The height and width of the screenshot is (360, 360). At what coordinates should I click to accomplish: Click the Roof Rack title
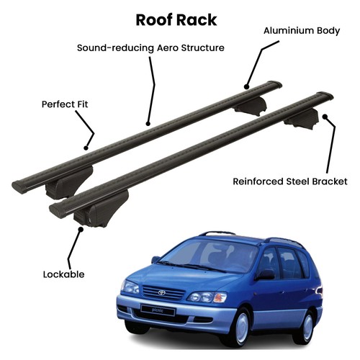point(176,20)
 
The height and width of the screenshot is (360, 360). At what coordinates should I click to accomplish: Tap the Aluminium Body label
point(302,31)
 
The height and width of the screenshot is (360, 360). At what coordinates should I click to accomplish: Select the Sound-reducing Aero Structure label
point(150,48)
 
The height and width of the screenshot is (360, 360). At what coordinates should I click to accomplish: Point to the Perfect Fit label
point(65,104)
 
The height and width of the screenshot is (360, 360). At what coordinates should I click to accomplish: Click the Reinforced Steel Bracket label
point(290,181)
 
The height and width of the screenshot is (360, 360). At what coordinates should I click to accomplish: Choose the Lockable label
point(63,274)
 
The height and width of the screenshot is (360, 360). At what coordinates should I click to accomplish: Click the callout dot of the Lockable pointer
point(81,229)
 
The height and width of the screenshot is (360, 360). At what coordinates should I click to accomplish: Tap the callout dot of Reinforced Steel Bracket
point(325,117)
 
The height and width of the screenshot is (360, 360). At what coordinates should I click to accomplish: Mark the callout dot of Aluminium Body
point(246,86)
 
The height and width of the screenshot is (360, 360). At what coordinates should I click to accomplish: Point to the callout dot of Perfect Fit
point(86,148)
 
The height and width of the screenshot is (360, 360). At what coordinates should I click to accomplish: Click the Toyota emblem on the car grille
point(161,292)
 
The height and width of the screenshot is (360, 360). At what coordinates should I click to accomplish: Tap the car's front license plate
point(158,310)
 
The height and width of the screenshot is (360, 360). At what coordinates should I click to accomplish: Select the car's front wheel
point(240,325)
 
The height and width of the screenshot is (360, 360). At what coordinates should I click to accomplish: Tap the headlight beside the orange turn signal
point(201,297)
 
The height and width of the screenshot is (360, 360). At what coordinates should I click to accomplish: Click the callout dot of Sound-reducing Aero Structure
point(148,124)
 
